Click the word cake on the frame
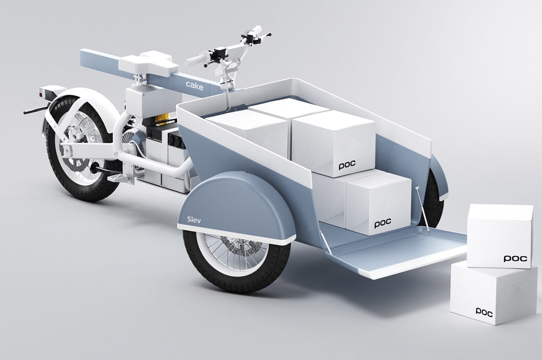point(194,86)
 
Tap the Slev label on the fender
point(194,220)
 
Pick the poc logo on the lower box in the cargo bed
point(383,223)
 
